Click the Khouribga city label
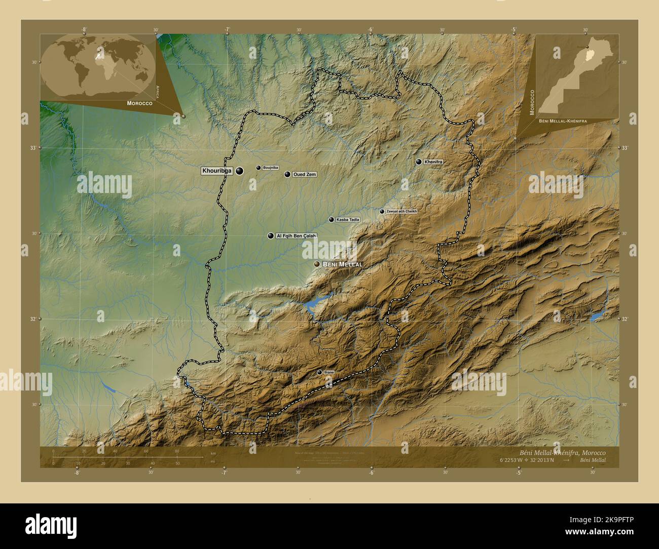tap(217, 171)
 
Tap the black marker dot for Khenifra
tap(419, 162)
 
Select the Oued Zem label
tap(304, 174)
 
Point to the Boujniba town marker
tap(259, 168)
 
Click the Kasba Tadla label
tap(348, 220)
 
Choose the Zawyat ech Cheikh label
tap(401, 211)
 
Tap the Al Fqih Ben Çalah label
tap(297, 236)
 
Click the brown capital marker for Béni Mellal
tap(317, 264)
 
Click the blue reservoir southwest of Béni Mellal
tap(313, 303)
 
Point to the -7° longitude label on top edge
tap(227, 29)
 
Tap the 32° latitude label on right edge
tap(625, 319)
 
